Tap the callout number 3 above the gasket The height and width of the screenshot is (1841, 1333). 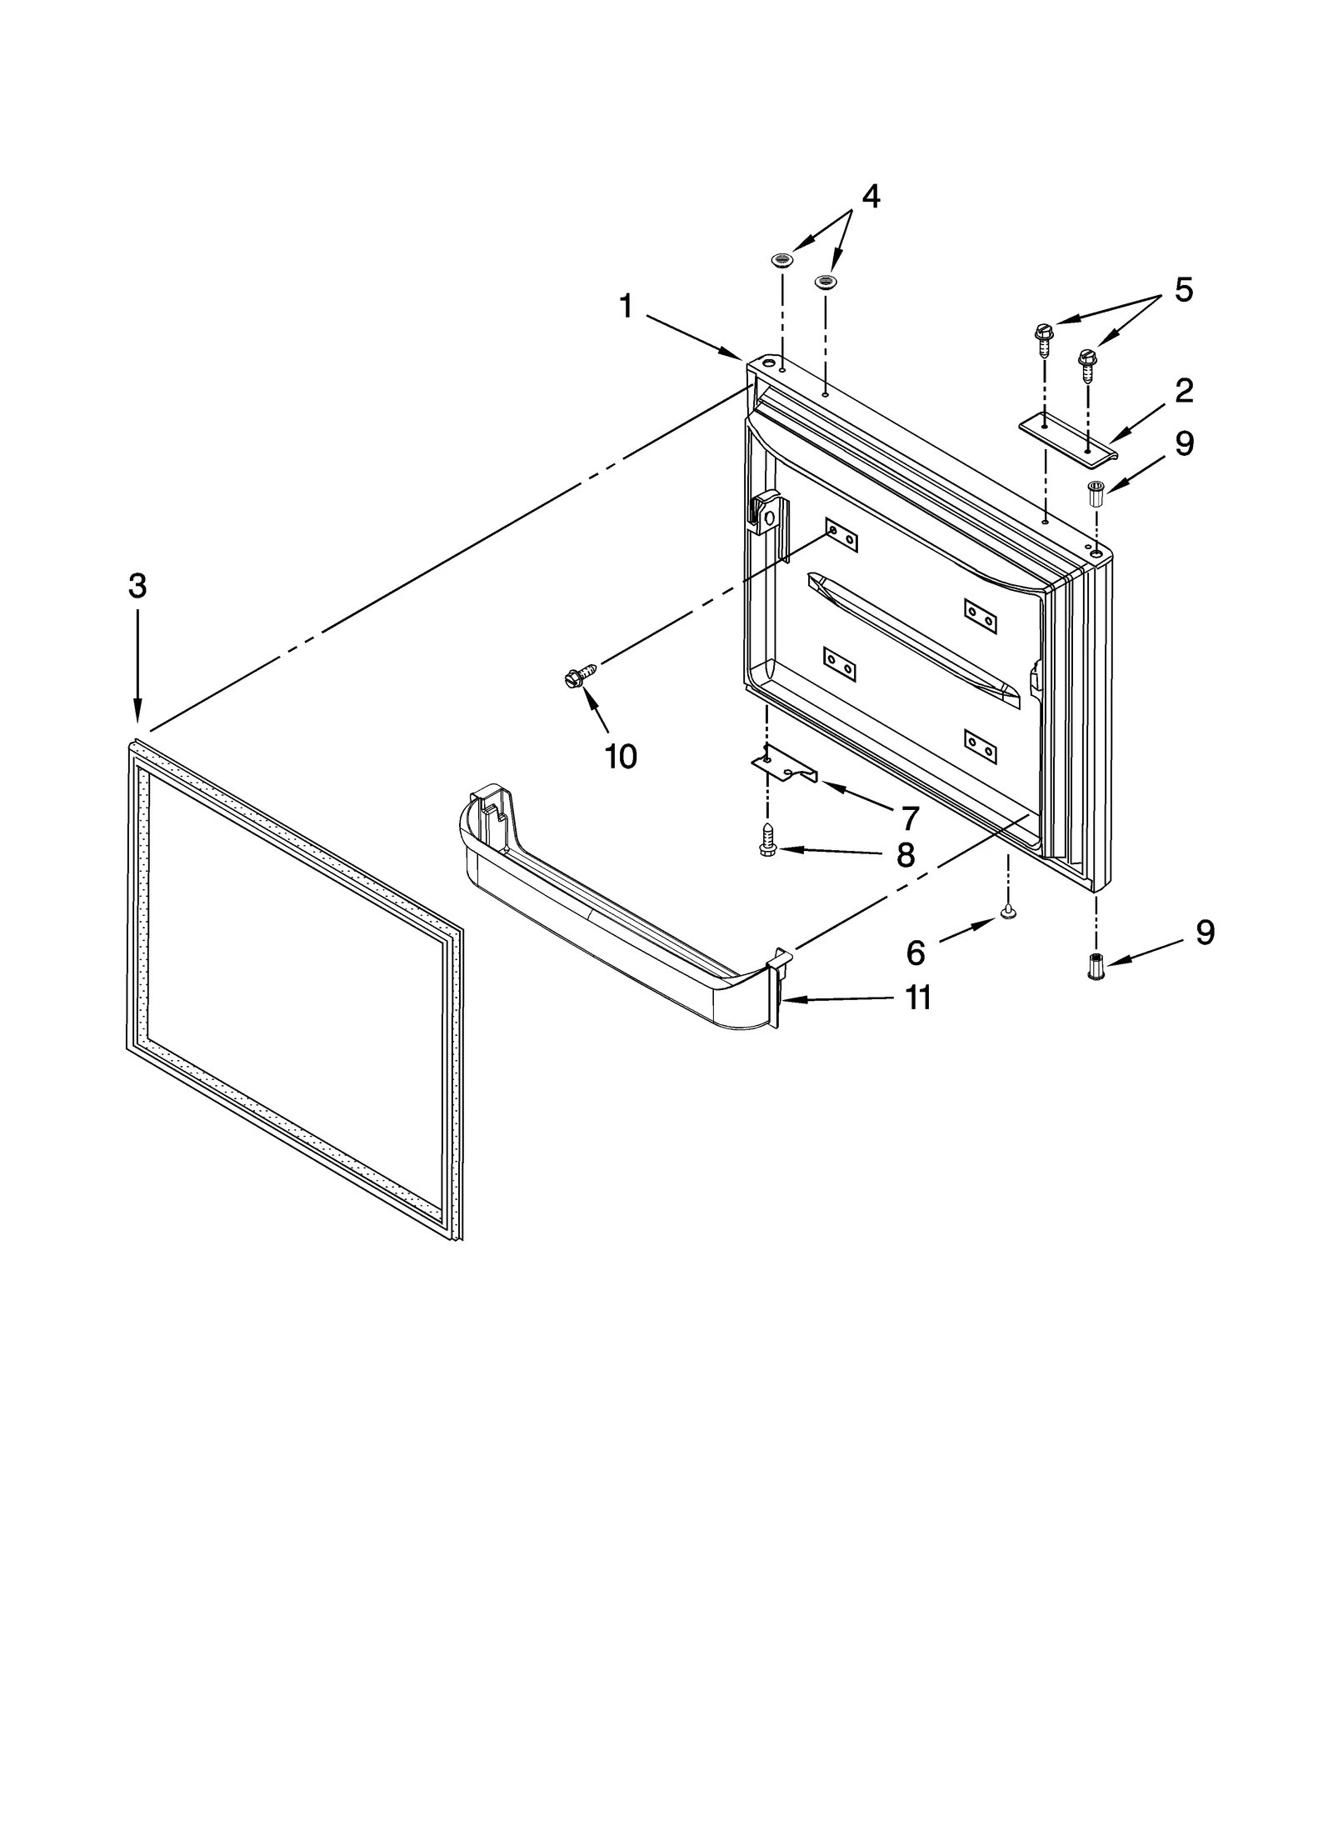[x=137, y=587]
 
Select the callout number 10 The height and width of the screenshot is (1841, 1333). [x=621, y=757]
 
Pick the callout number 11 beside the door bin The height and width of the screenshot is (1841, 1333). [x=918, y=997]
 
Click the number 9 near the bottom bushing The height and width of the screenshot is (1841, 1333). [x=1205, y=932]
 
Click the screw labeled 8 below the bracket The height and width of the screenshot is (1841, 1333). [x=767, y=840]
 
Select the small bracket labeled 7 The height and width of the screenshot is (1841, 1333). [x=784, y=765]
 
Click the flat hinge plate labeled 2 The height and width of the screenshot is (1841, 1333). [x=1068, y=437]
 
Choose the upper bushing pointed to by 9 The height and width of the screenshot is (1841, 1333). [x=1096, y=493]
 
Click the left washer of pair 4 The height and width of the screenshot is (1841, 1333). [x=781, y=261]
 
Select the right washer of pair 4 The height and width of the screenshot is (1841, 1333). [x=825, y=282]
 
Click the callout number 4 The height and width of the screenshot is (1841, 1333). [x=870, y=198]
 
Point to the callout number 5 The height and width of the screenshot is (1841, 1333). [x=1183, y=289]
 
